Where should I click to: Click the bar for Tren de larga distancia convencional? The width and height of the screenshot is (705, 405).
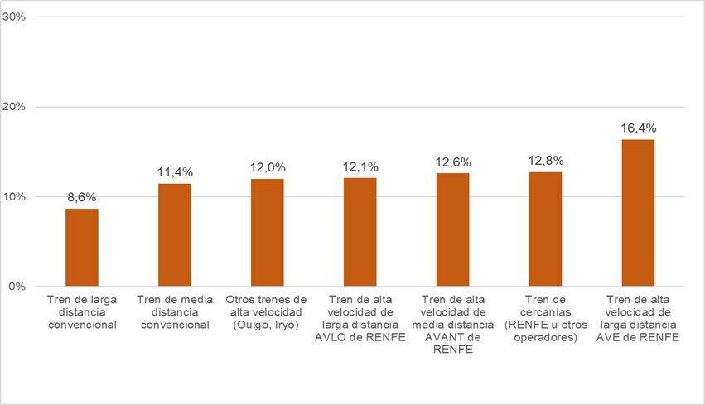pos(82,248)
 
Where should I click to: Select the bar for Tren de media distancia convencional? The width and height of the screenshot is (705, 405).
pos(175,235)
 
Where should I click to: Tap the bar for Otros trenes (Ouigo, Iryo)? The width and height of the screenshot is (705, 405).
pos(268,233)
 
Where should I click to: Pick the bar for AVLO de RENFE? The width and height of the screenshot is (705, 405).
pos(360,232)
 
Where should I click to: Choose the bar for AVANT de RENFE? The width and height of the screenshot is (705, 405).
pos(452,230)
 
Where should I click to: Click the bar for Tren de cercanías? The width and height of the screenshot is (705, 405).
pos(545,229)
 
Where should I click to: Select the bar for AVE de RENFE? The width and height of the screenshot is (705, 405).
pos(638,213)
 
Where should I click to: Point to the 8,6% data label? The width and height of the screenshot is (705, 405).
pos(82,197)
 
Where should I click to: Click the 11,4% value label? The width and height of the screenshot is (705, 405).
pos(175,172)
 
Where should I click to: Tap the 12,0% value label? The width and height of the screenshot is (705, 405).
pos(268,167)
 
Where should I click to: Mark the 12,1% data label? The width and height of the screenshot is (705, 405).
pos(360,166)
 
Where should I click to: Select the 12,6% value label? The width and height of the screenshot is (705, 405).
pos(452,162)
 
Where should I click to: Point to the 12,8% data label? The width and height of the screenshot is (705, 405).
pos(545,160)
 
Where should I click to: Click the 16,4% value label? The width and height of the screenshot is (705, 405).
pos(638,128)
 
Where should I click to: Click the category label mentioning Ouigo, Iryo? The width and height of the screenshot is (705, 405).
pos(268,312)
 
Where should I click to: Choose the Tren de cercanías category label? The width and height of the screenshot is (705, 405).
pos(545,312)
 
